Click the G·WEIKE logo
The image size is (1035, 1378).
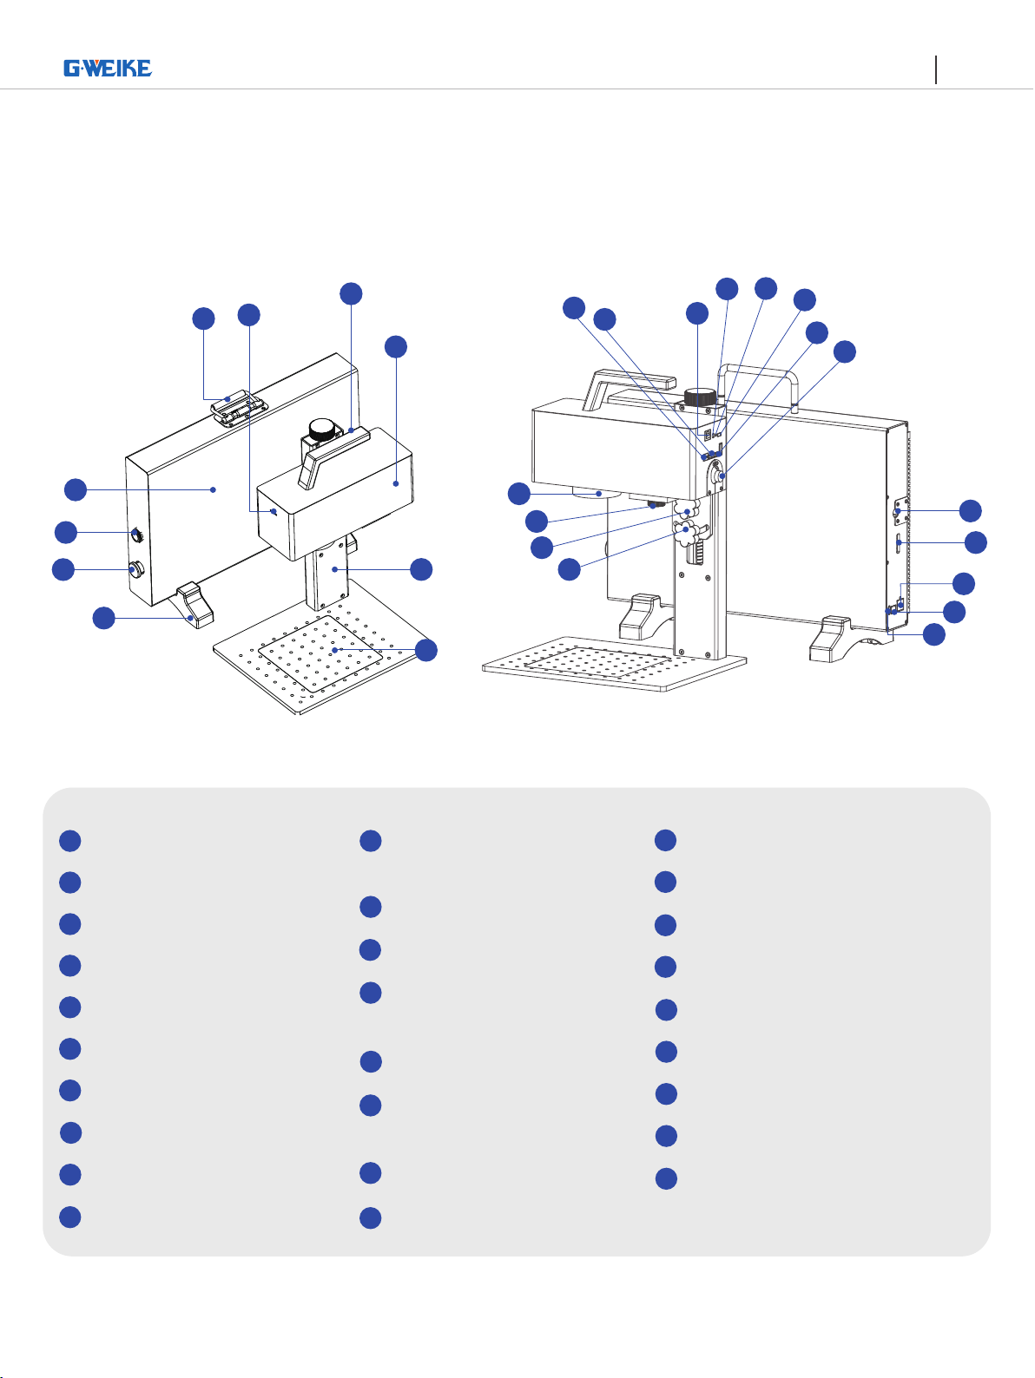[x=108, y=68]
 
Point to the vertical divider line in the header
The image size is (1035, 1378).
[x=936, y=69]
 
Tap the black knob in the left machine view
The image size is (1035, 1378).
[x=323, y=429]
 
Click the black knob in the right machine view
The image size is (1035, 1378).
[x=700, y=397]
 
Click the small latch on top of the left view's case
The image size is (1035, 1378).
[x=240, y=408]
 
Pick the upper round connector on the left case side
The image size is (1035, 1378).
[x=137, y=535]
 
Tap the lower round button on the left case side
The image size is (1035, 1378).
[x=136, y=569]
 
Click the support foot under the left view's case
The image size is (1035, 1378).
[x=195, y=605]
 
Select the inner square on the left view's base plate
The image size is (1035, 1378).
[x=320, y=654]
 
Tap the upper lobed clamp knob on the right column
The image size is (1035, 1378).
[x=688, y=509]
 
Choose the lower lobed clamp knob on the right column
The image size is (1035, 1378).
[x=687, y=533]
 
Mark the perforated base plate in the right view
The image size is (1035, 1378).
[x=615, y=664]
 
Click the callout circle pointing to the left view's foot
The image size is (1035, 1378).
[x=103, y=618]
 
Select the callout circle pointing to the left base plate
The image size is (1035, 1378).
[x=426, y=650]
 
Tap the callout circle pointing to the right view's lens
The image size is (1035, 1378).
[x=518, y=494]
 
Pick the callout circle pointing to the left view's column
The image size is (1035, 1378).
[x=421, y=569]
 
